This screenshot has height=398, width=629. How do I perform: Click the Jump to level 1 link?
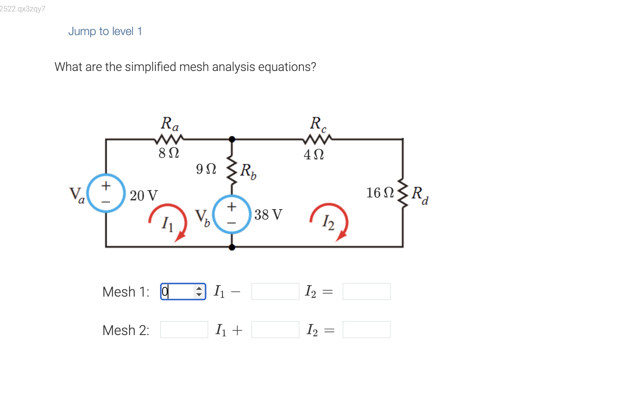[105, 31]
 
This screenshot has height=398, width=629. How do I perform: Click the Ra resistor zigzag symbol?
[169, 139]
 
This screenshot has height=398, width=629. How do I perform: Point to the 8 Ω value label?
[169, 153]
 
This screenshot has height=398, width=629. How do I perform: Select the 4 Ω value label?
[314, 155]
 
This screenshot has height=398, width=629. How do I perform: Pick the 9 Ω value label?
[206, 169]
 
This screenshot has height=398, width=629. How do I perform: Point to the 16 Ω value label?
[380, 193]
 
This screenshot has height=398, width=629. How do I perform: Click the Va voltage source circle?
[106, 193]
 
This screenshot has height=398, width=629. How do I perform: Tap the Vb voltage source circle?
[232, 214]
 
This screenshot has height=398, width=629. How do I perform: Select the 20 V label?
[144, 196]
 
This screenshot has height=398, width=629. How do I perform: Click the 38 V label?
[268, 215]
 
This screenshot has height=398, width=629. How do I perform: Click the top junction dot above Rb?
[232, 139]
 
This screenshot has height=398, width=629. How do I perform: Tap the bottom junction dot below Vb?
[232, 247]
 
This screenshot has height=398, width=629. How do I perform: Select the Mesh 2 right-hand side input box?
[366, 330]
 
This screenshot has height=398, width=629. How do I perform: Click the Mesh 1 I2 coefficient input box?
[275, 292]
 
